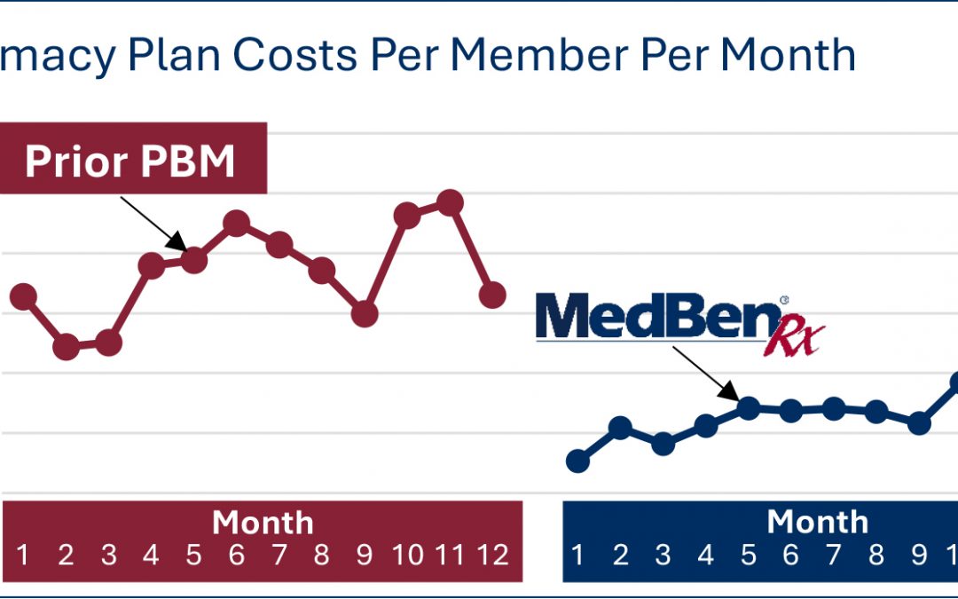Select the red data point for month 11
[451, 202]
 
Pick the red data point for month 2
[66, 347]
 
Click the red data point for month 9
[365, 313]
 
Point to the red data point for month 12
[492, 295]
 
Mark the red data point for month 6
[236, 223]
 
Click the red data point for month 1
[23, 296]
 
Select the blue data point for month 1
[577, 461]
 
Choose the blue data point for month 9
[920, 423]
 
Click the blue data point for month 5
[749, 407]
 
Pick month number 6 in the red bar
[236, 556]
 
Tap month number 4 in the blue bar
[705, 556]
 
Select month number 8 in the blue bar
[876, 556]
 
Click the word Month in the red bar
[263, 523]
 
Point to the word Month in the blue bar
[817, 523]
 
